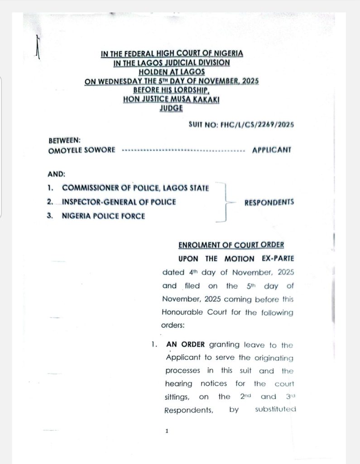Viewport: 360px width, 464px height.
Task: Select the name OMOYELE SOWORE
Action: pos(82,150)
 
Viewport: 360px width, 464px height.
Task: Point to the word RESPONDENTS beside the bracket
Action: pos(269,202)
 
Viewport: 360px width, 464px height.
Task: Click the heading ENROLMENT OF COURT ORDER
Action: pos(231,245)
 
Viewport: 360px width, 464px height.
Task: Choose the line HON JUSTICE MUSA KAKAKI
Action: pos(171,99)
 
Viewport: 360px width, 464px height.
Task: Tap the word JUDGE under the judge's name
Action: pos(171,108)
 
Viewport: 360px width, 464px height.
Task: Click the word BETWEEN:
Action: pos(64,141)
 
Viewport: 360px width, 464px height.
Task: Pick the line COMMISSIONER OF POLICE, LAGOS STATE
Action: pos(135,188)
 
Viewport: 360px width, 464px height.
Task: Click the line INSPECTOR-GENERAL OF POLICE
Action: pos(119,202)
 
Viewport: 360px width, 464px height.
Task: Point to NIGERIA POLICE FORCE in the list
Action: pos(103,216)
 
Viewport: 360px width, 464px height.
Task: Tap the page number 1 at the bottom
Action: pos(167,431)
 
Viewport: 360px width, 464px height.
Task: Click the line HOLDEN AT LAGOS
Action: pos(172,72)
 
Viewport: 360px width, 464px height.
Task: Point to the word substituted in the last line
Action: pos(275,409)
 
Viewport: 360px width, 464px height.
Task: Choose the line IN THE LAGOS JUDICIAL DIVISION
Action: pos(172,63)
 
